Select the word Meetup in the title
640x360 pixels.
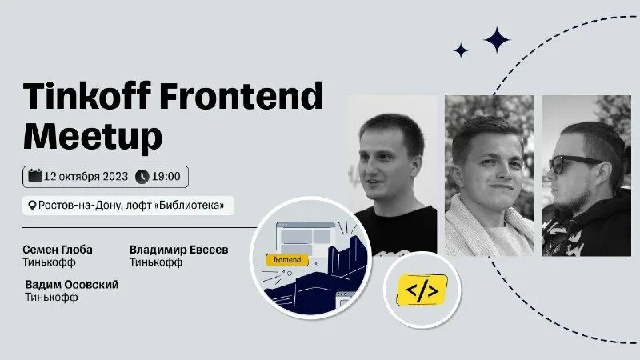(x=93, y=137)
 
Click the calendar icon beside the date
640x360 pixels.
(x=34, y=176)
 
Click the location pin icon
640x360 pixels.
(x=32, y=206)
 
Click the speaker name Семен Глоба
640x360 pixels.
(x=58, y=250)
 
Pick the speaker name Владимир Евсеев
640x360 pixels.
(x=179, y=250)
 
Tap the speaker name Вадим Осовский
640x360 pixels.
(x=72, y=285)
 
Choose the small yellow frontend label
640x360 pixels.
(x=286, y=259)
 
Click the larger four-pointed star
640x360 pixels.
(x=497, y=39)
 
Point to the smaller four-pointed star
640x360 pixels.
(x=461, y=50)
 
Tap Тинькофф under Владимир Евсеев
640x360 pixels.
(x=154, y=262)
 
